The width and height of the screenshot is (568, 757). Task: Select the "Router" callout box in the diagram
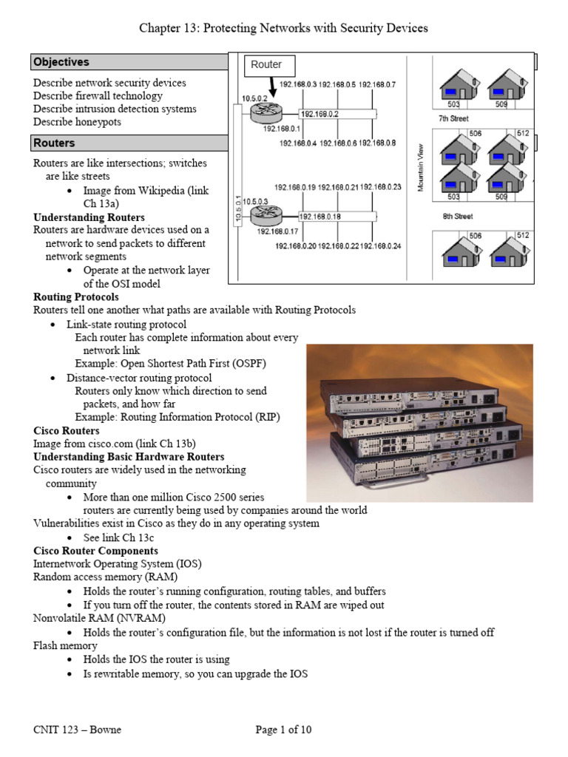tap(266, 64)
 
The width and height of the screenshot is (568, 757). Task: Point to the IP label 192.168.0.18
tap(319, 217)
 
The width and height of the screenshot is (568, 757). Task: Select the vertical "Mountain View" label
tap(420, 168)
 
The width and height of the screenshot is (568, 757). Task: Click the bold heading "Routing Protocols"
tap(76, 297)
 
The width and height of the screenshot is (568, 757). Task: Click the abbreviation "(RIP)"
tap(266, 417)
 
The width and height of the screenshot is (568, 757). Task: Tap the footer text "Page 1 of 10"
tap(284, 730)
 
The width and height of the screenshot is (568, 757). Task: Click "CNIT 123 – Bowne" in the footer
tap(77, 730)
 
